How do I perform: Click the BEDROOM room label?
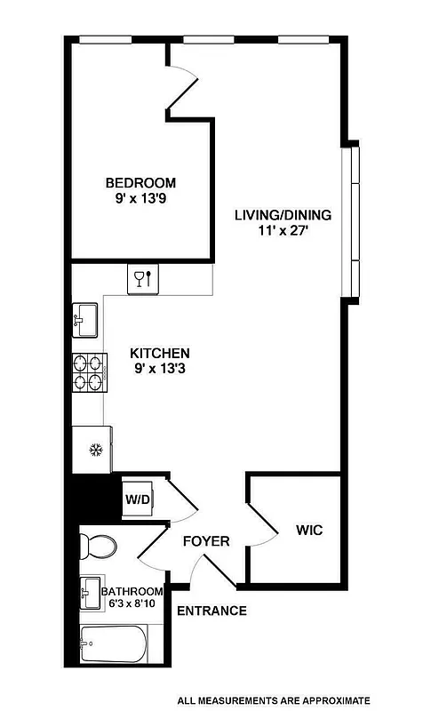140,183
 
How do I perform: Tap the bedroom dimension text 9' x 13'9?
140,200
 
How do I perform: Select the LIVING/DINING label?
283,214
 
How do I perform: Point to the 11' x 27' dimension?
283,231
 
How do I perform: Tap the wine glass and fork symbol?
142,280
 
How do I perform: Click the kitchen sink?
86,317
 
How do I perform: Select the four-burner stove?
88,373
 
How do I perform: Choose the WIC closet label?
308,531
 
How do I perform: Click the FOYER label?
206,541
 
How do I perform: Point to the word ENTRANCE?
212,611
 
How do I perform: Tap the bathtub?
112,644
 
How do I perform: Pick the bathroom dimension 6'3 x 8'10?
133,605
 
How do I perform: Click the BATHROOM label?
132,592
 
